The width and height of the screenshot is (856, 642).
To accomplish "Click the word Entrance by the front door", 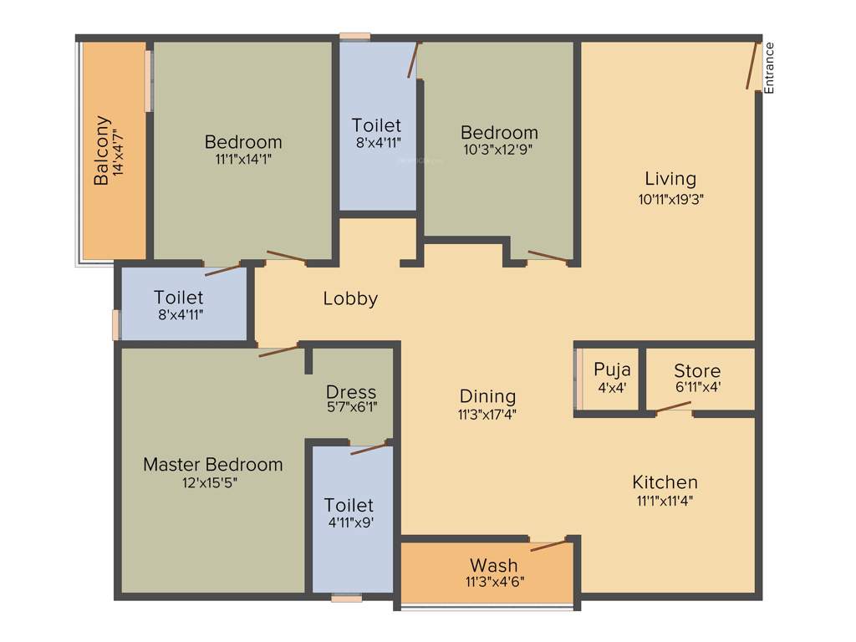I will pyautogui.click(x=769, y=67).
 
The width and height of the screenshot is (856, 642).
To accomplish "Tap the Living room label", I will pyautogui.click(x=670, y=178).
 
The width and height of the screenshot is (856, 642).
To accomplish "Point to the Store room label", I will pyautogui.click(x=697, y=370).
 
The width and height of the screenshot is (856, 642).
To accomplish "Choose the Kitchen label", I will pyautogui.click(x=665, y=482).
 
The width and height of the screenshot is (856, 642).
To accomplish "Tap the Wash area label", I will pyautogui.click(x=493, y=565).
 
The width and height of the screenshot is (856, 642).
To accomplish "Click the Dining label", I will pyautogui.click(x=487, y=396).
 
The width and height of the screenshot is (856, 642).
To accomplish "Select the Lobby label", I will pyautogui.click(x=350, y=298).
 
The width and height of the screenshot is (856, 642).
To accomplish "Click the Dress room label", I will pyautogui.click(x=351, y=391).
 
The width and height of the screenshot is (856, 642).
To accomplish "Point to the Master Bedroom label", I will pyautogui.click(x=212, y=464).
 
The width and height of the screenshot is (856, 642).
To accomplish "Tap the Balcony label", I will pyautogui.click(x=100, y=150).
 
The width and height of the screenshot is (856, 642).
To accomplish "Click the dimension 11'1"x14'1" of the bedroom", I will pyautogui.click(x=243, y=159).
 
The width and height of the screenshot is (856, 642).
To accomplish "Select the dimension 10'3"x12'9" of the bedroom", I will pyautogui.click(x=499, y=150).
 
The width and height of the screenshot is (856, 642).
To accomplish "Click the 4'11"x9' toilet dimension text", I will pyautogui.click(x=349, y=523).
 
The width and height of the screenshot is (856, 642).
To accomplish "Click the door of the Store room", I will pyautogui.click(x=673, y=408).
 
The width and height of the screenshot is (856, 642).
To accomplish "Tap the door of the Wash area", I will pyautogui.click(x=548, y=545).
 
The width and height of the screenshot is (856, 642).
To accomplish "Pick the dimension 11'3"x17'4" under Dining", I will pyautogui.click(x=487, y=414).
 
